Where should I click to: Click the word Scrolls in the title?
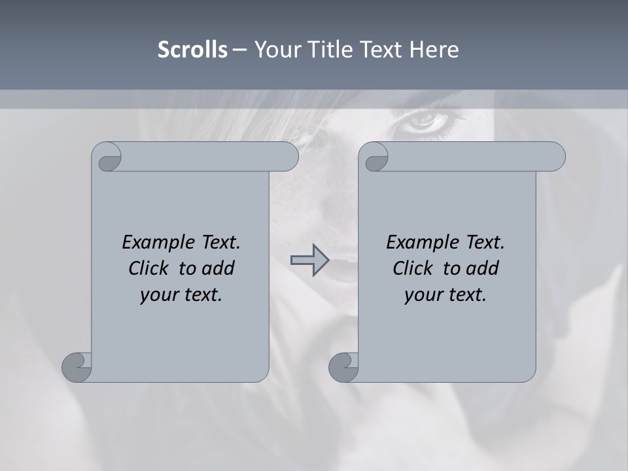tap(192, 50)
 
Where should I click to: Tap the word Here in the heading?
tap(434, 50)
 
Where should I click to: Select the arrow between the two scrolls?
tap(309, 260)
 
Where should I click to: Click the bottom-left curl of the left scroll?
tap(77, 366)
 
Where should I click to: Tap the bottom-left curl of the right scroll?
tap(343, 366)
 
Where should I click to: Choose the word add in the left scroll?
tap(219, 268)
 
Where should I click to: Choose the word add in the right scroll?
tap(483, 268)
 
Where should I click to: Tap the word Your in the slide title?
tap(275, 50)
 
